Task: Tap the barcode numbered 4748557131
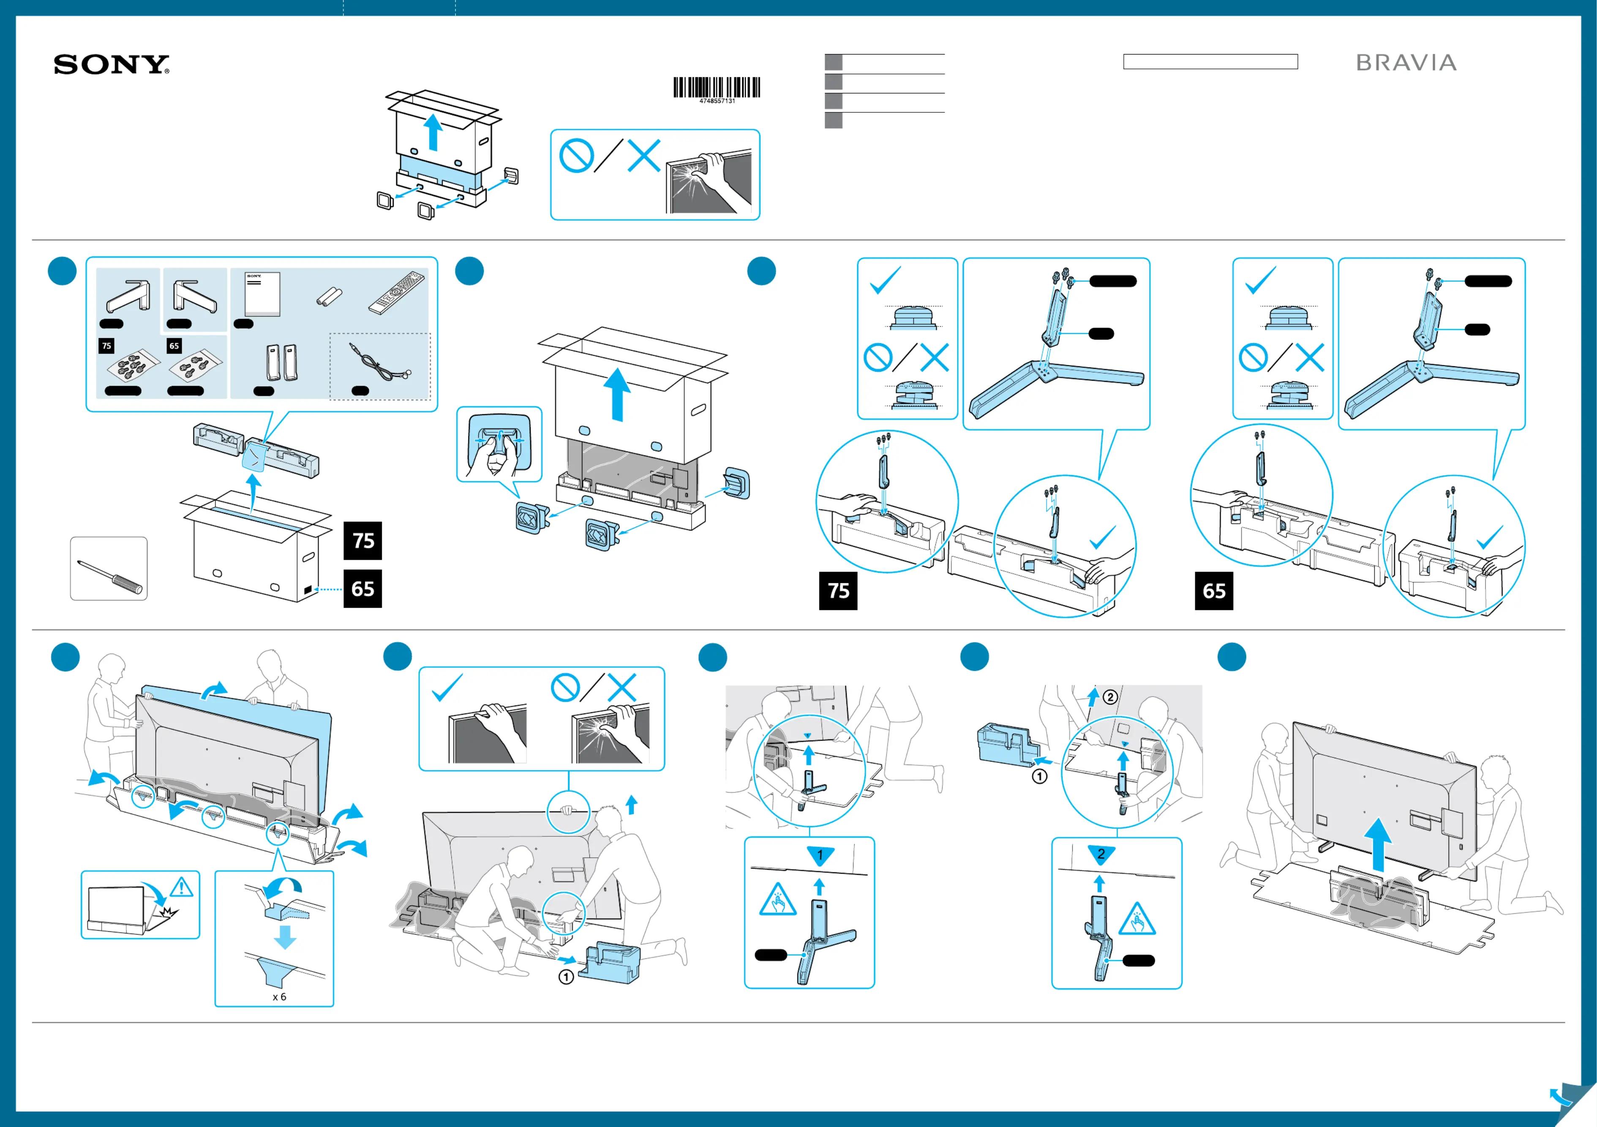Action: point(717,88)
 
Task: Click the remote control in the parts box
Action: point(396,292)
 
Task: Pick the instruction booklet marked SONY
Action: point(262,294)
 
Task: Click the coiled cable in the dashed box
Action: point(379,362)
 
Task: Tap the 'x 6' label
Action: point(279,997)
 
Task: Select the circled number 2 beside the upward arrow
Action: point(1111,697)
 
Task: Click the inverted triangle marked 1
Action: point(820,855)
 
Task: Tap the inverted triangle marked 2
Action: point(1101,854)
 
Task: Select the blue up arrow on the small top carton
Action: point(434,132)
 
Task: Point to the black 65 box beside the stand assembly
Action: point(1214,591)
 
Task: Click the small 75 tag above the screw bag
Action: point(106,346)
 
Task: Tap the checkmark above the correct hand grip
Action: point(447,688)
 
